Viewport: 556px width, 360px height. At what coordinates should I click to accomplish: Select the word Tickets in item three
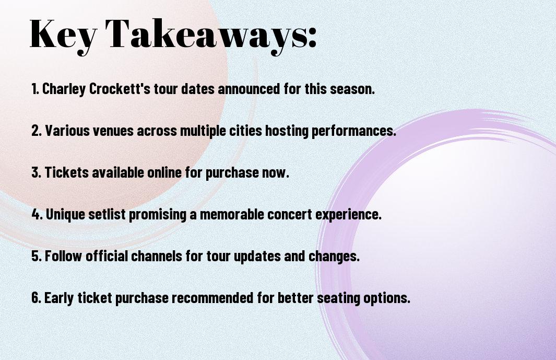coord(67,172)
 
